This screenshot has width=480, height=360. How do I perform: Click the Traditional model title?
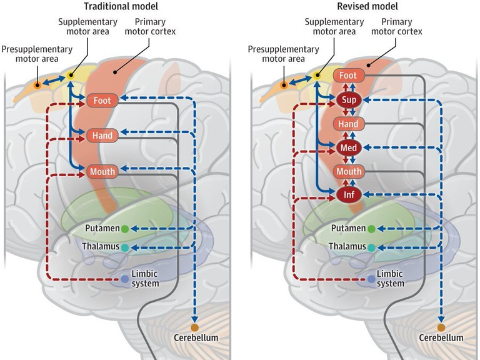[x=114, y=6]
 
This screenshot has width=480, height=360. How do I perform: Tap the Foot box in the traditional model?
[x=102, y=99]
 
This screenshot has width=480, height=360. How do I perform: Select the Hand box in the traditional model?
[x=102, y=134]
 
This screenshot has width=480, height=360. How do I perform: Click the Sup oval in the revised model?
[x=349, y=99]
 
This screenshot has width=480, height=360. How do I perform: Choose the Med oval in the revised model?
[x=349, y=148]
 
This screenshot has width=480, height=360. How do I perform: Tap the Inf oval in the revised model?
[x=349, y=195]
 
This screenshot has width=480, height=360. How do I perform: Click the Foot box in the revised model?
[x=349, y=76]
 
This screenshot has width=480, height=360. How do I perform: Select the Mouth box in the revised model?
[x=349, y=171]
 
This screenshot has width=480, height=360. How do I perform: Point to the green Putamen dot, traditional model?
[x=125, y=229]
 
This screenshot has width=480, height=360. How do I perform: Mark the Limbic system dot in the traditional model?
[x=125, y=279]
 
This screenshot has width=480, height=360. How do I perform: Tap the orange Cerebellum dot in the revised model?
[x=441, y=327]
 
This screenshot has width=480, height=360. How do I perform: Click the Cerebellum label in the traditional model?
[x=195, y=338]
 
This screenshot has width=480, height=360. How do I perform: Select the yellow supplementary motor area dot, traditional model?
[x=71, y=76]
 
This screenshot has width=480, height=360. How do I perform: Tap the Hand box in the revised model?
[x=349, y=124]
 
